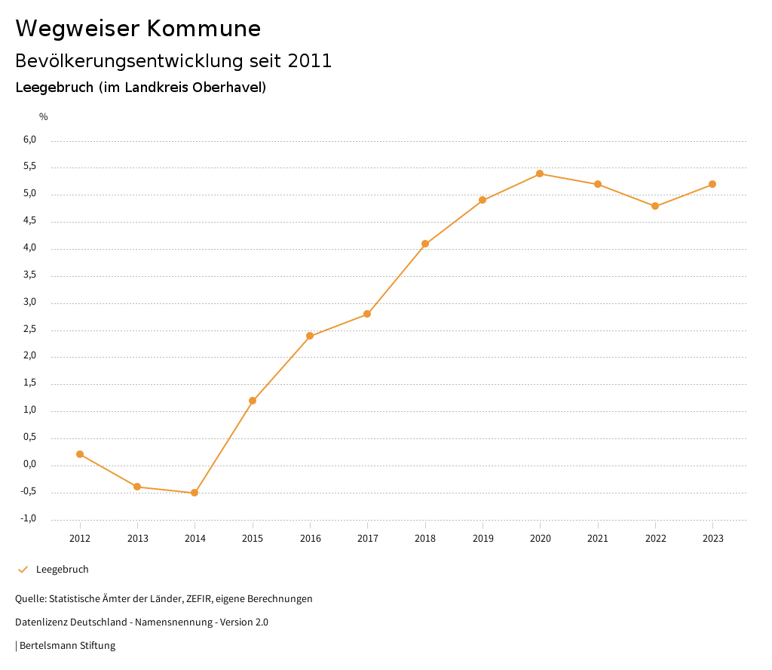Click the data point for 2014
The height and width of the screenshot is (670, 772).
[x=195, y=493]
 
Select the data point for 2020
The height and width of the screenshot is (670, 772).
[x=540, y=174]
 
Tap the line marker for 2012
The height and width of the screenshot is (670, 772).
[x=80, y=454]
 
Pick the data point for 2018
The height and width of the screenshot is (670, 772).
[x=425, y=244]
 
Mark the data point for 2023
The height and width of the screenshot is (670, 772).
[x=712, y=184]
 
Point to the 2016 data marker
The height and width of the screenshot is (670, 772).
[x=310, y=336]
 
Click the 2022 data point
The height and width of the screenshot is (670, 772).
[x=655, y=206]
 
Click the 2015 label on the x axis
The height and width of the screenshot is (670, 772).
[x=253, y=539]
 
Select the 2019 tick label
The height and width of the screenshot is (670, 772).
[x=482, y=539]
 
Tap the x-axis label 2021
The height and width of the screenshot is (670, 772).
[x=598, y=539]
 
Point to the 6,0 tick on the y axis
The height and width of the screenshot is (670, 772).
[x=29, y=140]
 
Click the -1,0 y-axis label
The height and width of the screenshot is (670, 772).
[x=29, y=518]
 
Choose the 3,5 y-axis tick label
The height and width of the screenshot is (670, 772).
[x=29, y=275]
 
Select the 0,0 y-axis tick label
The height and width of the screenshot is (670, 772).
[x=29, y=465]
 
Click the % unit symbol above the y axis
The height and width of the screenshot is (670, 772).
[x=44, y=117]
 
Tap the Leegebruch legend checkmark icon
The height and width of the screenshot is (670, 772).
[x=23, y=570]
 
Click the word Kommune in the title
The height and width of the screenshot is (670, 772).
[x=204, y=29]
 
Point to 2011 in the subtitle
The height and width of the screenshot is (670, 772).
[x=310, y=61]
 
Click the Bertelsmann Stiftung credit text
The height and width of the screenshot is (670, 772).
[x=67, y=646]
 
